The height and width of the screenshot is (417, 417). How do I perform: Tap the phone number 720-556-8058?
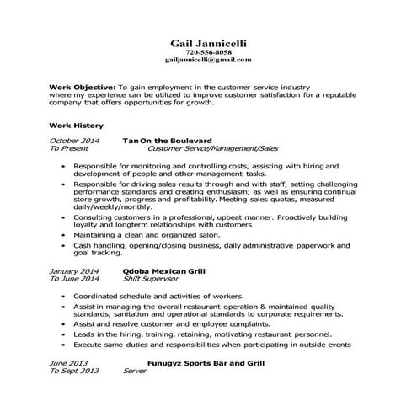pyautogui.click(x=208, y=52)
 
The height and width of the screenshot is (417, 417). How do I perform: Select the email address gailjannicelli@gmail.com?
pyautogui.click(x=208, y=61)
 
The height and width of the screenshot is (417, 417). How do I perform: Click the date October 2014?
pyautogui.click(x=74, y=140)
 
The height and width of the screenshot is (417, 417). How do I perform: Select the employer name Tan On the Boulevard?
pyautogui.click(x=167, y=140)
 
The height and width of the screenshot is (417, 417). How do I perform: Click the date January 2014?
pyautogui.click(x=75, y=270)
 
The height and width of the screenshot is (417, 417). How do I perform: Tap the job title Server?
pyautogui.click(x=135, y=371)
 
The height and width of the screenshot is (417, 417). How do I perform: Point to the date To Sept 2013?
pyautogui.click(x=74, y=371)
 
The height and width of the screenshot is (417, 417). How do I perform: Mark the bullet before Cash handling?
pyautogui.click(x=63, y=244)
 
